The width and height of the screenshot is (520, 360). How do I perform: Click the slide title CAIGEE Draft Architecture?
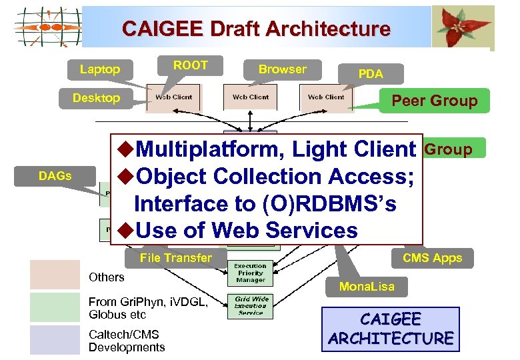(x=256, y=29)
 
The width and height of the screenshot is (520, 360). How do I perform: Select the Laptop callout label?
(x=100, y=69)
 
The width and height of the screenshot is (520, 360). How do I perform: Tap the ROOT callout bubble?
(x=190, y=65)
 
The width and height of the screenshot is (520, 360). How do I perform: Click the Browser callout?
(x=283, y=69)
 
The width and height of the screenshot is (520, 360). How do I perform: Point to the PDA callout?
(x=371, y=74)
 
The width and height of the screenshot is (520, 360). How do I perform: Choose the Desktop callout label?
(x=96, y=98)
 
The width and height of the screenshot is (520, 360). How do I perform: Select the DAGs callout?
(x=55, y=176)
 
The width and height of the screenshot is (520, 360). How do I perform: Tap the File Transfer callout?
(x=176, y=258)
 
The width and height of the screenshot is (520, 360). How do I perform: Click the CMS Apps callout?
(x=432, y=258)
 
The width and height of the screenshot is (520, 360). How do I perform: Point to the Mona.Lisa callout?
(x=367, y=287)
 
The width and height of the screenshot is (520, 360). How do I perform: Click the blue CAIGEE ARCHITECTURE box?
(x=391, y=329)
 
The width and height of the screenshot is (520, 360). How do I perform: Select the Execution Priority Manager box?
(x=250, y=273)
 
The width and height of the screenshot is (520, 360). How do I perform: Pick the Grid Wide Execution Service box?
(x=250, y=305)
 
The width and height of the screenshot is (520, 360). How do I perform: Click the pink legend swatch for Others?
(x=55, y=275)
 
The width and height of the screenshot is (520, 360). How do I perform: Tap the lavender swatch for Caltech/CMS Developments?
(x=55, y=339)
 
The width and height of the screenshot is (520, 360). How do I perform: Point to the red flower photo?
(x=463, y=27)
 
